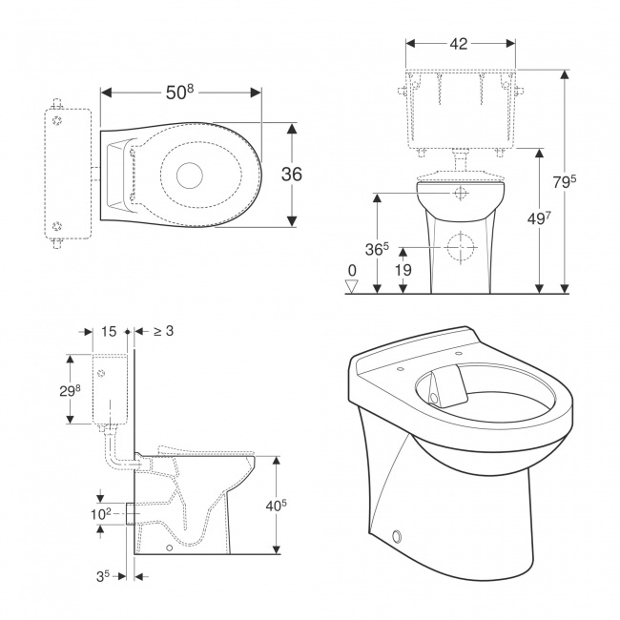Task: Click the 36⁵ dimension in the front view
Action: (x=379, y=249)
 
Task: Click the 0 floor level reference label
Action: (x=352, y=272)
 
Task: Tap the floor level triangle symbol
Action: (x=352, y=286)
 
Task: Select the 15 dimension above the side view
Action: (x=108, y=331)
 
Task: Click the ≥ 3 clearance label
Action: (x=163, y=331)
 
